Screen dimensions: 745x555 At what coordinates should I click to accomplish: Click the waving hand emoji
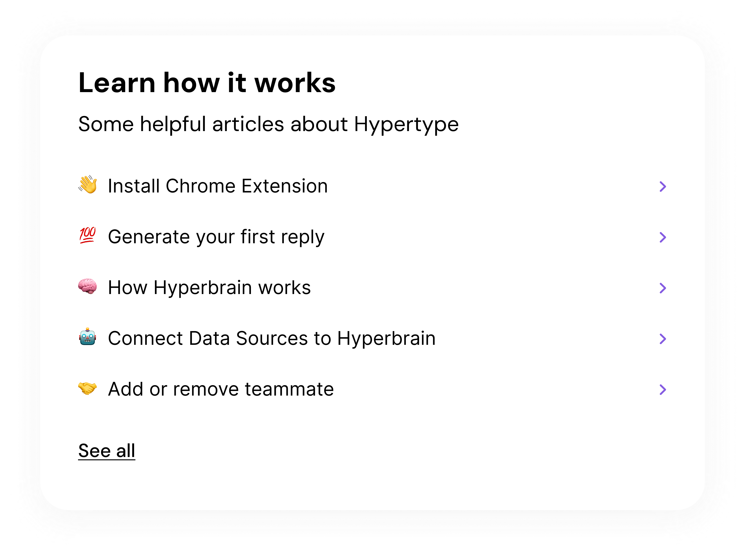pyautogui.click(x=88, y=184)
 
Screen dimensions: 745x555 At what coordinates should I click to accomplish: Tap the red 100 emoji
pyautogui.click(x=88, y=235)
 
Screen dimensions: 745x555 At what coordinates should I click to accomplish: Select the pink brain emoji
pyautogui.click(x=88, y=286)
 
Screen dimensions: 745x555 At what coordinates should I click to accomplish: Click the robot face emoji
pyautogui.click(x=88, y=337)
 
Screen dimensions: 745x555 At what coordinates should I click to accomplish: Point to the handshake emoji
pyautogui.click(x=88, y=388)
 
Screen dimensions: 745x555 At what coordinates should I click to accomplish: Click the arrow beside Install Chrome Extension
pyautogui.click(x=663, y=186)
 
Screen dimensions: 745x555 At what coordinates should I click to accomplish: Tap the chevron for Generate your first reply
pyautogui.click(x=663, y=237)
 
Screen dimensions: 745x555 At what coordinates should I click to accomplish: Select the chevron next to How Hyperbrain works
pyautogui.click(x=663, y=288)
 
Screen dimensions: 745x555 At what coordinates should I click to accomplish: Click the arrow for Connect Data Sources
pyautogui.click(x=663, y=339)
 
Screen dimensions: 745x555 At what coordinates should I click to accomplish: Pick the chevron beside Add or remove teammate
pyautogui.click(x=663, y=389)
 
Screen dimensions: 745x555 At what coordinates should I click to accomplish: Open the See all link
pyautogui.click(x=107, y=451)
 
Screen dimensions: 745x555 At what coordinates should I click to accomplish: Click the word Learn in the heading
pyautogui.click(x=117, y=83)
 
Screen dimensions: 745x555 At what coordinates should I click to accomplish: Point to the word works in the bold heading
pyautogui.click(x=295, y=83)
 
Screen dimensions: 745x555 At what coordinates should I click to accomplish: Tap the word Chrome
pyautogui.click(x=201, y=186)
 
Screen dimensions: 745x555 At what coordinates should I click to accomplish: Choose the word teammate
pyautogui.click(x=289, y=389)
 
